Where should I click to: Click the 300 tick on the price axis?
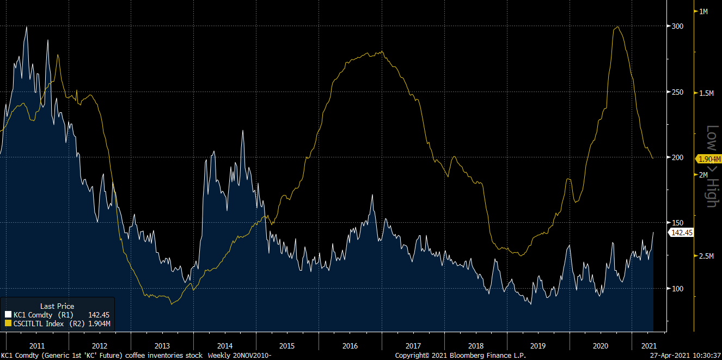677,26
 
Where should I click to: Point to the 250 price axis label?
677,91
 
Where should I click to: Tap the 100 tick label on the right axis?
677,289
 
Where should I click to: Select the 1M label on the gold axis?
703,11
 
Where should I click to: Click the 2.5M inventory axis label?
706,256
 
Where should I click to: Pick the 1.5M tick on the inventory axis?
706,93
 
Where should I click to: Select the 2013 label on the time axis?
162,346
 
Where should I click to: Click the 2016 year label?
350,346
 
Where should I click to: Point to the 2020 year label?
601,346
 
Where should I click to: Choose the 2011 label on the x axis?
37,346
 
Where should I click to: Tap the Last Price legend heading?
57,306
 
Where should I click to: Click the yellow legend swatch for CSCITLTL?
8,324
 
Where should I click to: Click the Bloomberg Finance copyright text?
461,356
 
